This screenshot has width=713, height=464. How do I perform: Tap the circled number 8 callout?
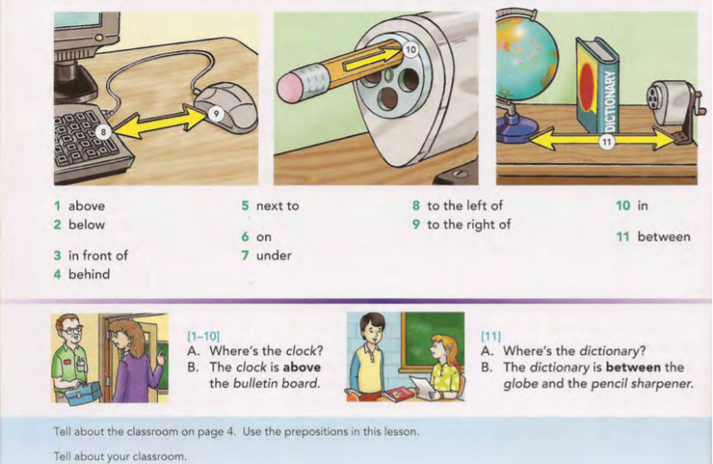pyautogui.click(x=104, y=132)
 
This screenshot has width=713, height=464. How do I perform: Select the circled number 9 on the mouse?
pyautogui.click(x=216, y=113)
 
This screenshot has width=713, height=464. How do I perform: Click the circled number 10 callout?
pyautogui.click(x=411, y=50)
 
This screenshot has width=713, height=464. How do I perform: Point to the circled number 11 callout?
pyautogui.click(x=606, y=142)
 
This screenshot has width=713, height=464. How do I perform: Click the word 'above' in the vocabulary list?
pyautogui.click(x=87, y=206)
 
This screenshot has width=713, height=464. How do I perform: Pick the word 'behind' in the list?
pyautogui.click(x=89, y=274)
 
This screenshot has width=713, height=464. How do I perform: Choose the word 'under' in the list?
pyautogui.click(x=274, y=256)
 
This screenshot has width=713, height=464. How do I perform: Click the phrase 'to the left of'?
pyautogui.click(x=465, y=206)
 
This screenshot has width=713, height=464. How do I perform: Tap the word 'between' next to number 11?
pyautogui.click(x=664, y=237)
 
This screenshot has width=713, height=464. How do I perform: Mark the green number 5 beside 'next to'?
pyautogui.click(x=245, y=206)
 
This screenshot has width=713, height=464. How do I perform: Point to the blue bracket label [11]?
pyautogui.click(x=491, y=336)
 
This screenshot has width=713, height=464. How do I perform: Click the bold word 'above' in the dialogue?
pyautogui.click(x=302, y=367)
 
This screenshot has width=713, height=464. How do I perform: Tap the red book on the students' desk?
pyautogui.click(x=396, y=394)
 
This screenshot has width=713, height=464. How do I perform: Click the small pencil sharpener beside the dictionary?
pyautogui.click(x=673, y=108)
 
